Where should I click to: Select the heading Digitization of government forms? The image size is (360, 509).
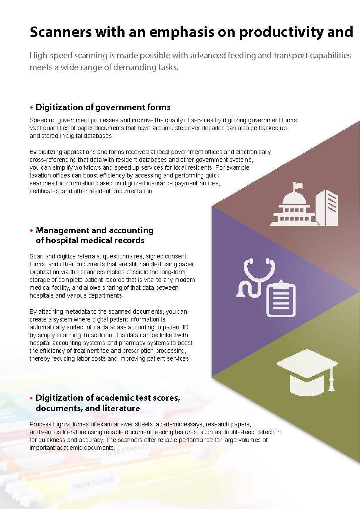click(103, 107)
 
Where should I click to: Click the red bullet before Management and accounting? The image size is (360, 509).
click(31, 230)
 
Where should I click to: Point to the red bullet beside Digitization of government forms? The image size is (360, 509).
click(31, 107)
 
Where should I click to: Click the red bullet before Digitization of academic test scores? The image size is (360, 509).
click(31, 398)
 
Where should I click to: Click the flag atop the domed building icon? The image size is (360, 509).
click(297, 186)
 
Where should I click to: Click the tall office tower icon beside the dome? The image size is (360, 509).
click(326, 208)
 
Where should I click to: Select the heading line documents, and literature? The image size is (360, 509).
click(87, 408)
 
